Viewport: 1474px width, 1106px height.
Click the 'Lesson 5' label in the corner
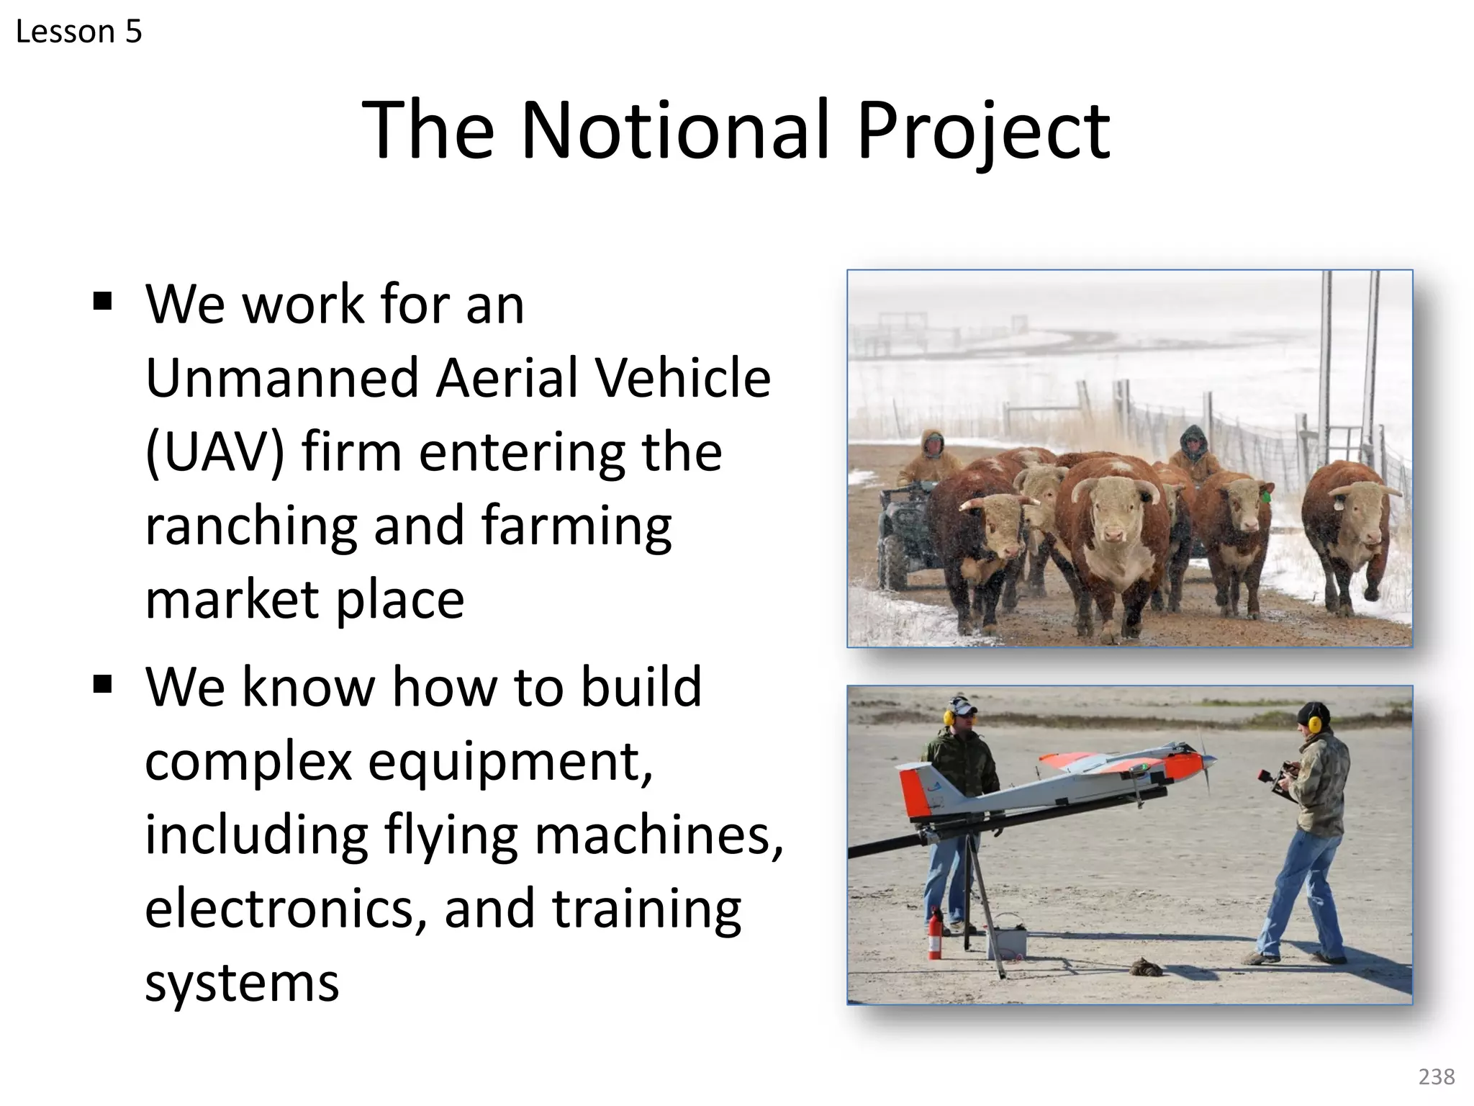78,32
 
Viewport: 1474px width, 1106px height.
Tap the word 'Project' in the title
983,131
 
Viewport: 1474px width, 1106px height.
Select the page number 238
1437,1076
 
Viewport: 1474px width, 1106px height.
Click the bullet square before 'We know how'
103,682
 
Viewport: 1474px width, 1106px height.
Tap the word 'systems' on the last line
242,983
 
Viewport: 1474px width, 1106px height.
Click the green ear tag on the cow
1266,496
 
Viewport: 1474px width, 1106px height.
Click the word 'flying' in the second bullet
451,835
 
